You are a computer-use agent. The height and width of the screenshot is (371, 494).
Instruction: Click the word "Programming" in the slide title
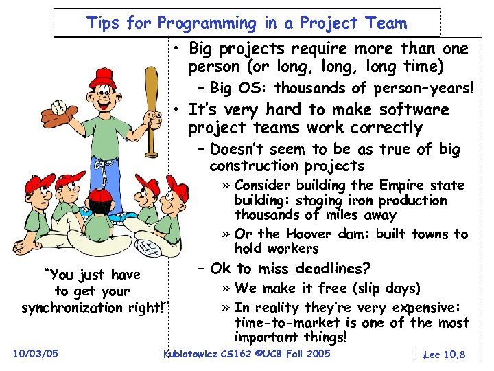coord(204,23)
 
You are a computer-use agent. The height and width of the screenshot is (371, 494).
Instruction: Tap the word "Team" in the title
coord(387,23)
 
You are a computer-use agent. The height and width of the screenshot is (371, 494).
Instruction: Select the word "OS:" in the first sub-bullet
coord(254,88)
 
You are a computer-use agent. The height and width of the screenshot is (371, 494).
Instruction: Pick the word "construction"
coord(254,166)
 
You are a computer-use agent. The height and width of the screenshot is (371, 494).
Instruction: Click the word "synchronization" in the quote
coord(92,308)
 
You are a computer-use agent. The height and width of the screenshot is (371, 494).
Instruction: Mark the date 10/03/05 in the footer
coord(35,354)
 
